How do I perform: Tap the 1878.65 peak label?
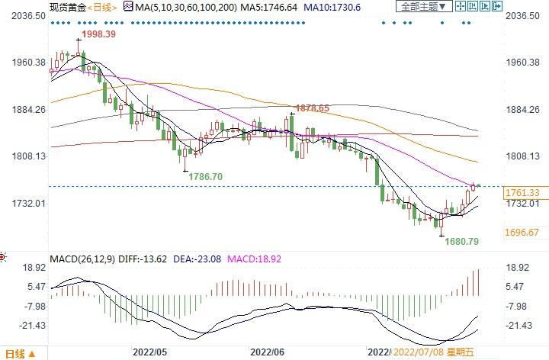[313, 108]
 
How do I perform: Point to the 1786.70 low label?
[206, 176]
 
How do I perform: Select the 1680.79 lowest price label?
[462, 243]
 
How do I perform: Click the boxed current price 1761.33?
[522, 193]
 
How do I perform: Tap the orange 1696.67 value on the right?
[522, 232]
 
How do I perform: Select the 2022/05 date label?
[149, 352]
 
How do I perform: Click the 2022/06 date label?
[267, 352]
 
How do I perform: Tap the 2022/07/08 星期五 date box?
[432, 352]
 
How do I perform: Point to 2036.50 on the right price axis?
[522, 15]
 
